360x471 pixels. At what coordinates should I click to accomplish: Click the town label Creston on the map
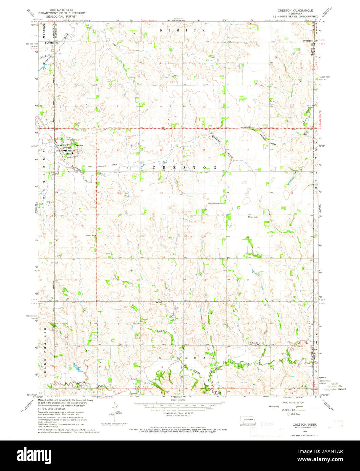tap(79, 145)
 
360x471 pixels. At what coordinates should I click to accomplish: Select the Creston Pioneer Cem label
tap(216, 204)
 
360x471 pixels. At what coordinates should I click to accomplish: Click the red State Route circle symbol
tap(289, 414)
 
